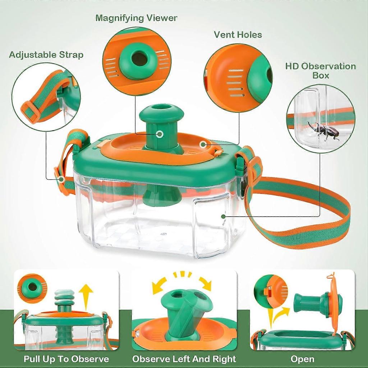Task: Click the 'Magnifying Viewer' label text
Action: click(x=136, y=18)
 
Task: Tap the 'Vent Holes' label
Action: click(x=238, y=34)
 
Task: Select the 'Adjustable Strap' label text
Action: click(x=46, y=55)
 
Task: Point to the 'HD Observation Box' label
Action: click(x=321, y=70)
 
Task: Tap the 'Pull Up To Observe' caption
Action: click(x=66, y=359)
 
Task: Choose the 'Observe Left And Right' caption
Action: click(x=184, y=359)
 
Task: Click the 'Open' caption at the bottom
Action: click(x=302, y=359)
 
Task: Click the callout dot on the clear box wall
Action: click(x=223, y=216)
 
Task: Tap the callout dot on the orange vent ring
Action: click(x=203, y=144)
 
